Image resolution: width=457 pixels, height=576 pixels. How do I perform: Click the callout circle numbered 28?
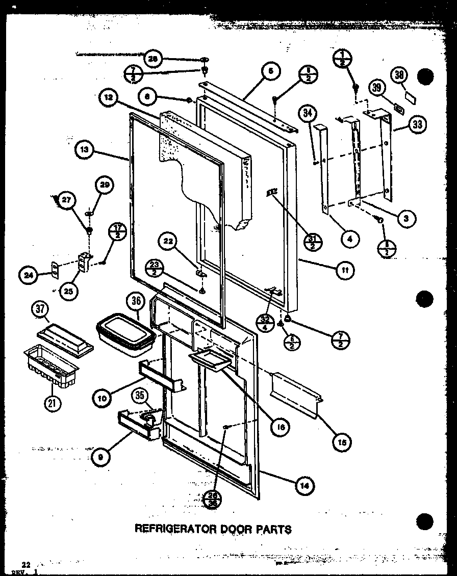153,59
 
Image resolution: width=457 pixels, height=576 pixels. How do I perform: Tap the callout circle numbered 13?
85,150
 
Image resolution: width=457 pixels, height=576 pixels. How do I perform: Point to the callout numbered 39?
377,88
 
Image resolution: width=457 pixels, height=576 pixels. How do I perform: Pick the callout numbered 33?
418,124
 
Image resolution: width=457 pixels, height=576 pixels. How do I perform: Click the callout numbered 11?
346,271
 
